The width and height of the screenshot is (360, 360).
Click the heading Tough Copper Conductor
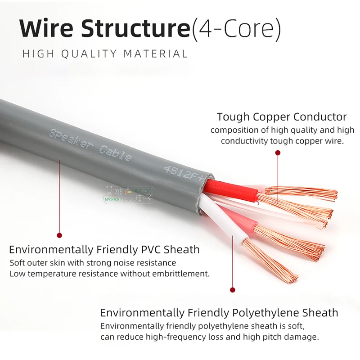click(282, 117)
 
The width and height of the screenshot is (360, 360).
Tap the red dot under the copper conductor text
click(278, 153)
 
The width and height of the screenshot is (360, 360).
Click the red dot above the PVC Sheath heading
click(59, 235)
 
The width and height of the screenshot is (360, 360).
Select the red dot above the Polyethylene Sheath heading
click(233, 290)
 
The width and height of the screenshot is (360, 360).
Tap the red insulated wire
click(234, 189)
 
